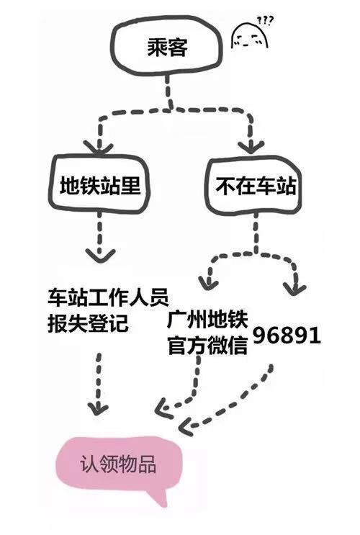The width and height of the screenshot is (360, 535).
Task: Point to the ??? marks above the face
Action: pos(268,19)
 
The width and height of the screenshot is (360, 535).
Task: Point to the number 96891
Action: pos(286,336)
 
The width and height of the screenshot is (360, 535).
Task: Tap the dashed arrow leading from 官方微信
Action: pos(184,389)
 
